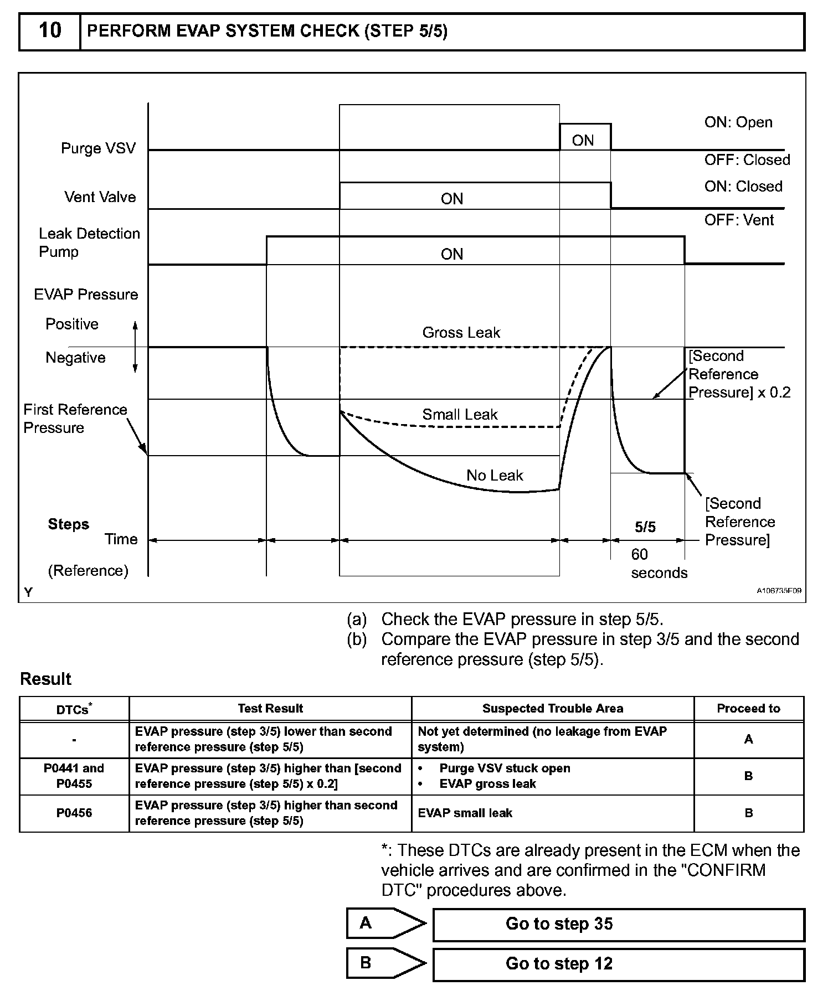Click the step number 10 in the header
point(49,31)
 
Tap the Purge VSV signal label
point(98,148)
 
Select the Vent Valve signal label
point(100,197)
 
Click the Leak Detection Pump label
point(89,242)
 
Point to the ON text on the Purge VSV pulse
point(583,141)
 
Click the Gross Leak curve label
point(461,333)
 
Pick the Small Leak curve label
point(460,415)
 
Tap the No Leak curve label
point(495,476)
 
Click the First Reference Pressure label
point(75,419)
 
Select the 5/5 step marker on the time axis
point(645,527)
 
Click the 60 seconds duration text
point(659,564)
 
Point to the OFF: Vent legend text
point(739,220)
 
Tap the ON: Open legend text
point(738,122)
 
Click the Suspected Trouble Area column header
point(552,709)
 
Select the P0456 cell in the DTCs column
point(74,813)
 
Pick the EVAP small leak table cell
point(465,813)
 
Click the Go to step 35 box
point(618,924)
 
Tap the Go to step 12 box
point(618,964)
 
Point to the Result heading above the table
point(45,679)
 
